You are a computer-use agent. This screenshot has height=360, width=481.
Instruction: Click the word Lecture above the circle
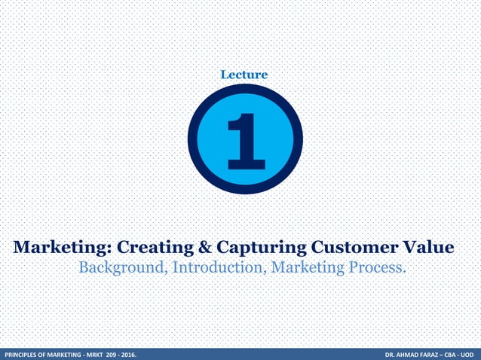[x=244, y=75]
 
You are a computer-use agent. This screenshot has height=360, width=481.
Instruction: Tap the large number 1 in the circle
[x=244, y=141]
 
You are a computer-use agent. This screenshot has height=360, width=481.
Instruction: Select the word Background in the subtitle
[x=123, y=268]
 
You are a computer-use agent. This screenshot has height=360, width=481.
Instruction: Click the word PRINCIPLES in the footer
[x=23, y=353]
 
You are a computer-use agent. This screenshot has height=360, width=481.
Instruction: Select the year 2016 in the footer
[x=140, y=353]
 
